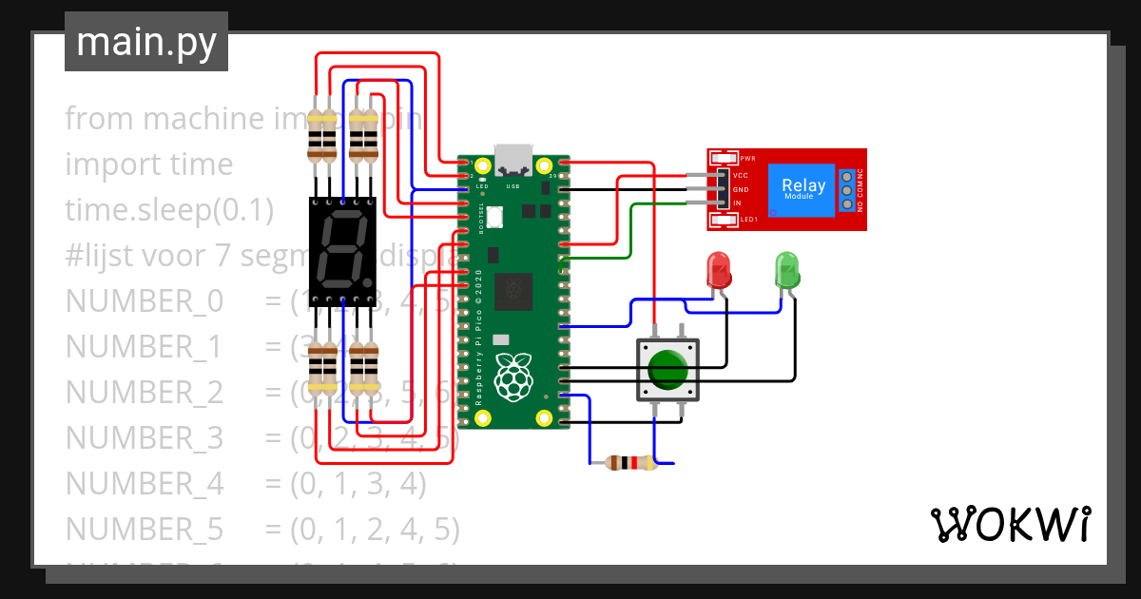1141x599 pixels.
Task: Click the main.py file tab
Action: pos(145,42)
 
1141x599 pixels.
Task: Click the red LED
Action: pos(719,270)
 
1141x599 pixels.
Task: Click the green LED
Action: pos(787,270)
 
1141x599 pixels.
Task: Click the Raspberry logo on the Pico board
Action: pos(513,376)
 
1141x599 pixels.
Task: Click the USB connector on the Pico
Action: pos(513,158)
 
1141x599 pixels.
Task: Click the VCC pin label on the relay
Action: pos(741,176)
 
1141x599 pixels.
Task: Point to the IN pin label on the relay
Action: pos(737,203)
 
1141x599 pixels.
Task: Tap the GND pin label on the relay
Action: pos(741,190)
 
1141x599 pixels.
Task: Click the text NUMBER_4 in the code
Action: pos(144,483)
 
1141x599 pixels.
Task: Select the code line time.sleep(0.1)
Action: pos(169,209)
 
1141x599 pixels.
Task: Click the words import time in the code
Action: pos(148,164)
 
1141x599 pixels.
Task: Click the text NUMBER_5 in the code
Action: pos(144,529)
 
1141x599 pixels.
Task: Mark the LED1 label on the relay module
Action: pos(748,221)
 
